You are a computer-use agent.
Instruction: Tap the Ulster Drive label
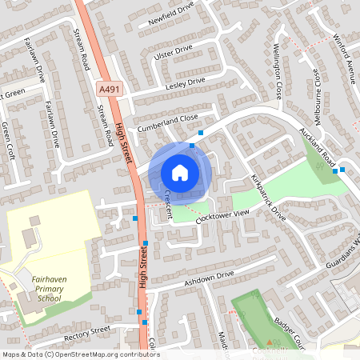click(174, 51)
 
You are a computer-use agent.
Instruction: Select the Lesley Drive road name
click(186, 82)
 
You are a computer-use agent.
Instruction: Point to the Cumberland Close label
click(166, 118)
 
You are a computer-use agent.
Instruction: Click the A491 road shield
click(111, 90)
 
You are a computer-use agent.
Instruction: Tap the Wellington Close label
click(278, 70)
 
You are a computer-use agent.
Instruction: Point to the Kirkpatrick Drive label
click(268, 197)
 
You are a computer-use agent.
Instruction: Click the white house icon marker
click(180, 172)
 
